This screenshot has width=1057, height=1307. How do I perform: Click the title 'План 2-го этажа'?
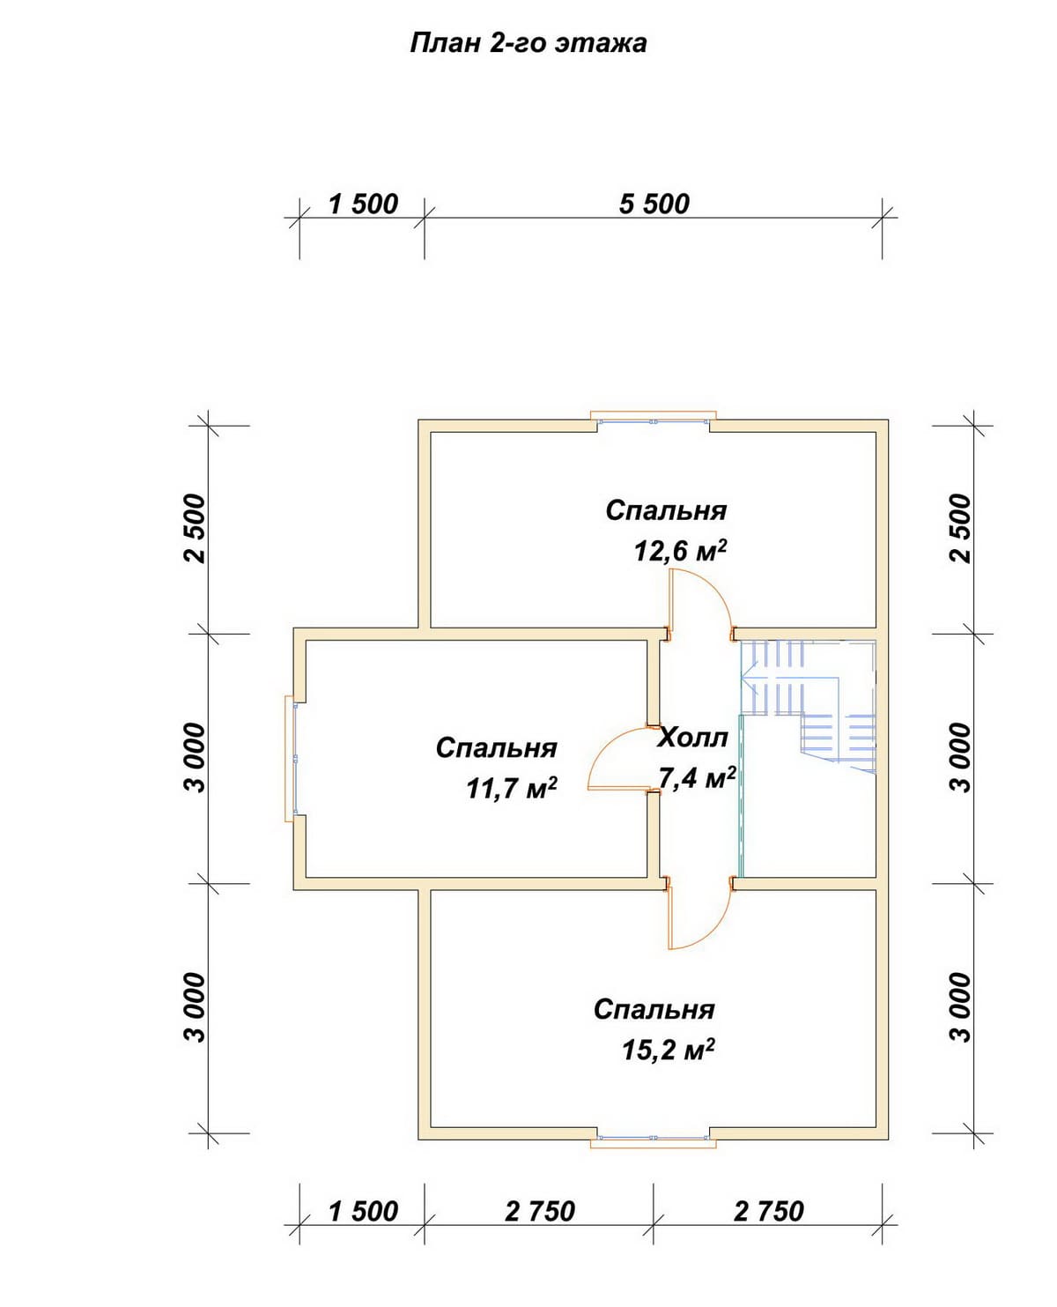528,43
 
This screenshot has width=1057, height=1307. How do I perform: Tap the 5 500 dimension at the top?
654,204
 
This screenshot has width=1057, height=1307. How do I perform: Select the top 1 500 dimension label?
363,204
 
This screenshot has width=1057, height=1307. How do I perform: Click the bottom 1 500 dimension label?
363,1211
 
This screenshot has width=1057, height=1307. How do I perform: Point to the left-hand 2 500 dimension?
196,528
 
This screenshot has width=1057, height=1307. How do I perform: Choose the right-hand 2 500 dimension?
961,528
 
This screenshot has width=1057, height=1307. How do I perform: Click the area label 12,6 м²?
681,551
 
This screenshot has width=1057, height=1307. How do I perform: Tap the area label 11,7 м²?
512,789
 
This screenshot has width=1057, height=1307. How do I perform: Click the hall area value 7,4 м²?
697,778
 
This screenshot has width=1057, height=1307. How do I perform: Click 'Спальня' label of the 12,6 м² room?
667,510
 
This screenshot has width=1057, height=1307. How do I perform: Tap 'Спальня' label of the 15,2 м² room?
654,1009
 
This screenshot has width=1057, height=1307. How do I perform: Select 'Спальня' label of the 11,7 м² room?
497,748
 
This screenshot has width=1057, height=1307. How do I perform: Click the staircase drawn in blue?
808,706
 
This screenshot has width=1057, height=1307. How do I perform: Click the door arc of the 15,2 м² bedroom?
715,927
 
